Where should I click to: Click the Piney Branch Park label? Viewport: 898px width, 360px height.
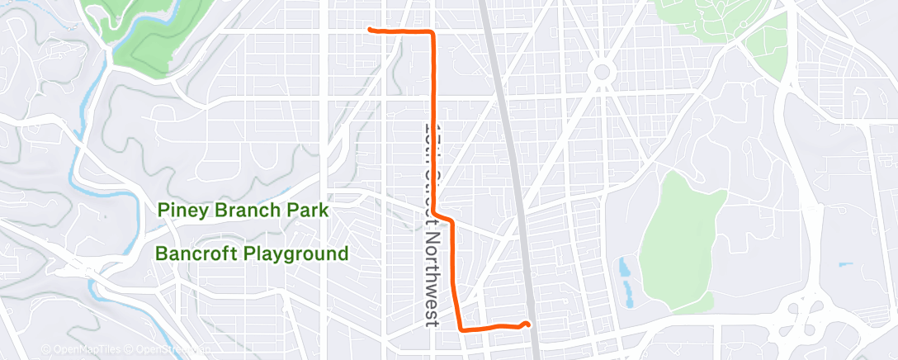coord(243,211)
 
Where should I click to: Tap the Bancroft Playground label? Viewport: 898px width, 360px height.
coord(253,253)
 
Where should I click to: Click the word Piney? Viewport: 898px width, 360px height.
coord(184,211)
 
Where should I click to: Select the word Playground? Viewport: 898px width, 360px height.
coord(300,253)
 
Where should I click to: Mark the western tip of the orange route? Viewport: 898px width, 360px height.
coord(368,29)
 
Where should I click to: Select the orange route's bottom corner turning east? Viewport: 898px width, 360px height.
coord(459,328)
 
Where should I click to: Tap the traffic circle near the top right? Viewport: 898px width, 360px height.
coord(602,73)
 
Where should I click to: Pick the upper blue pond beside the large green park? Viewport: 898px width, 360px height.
coord(622,268)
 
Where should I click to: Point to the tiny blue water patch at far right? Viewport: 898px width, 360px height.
coord(845,265)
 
